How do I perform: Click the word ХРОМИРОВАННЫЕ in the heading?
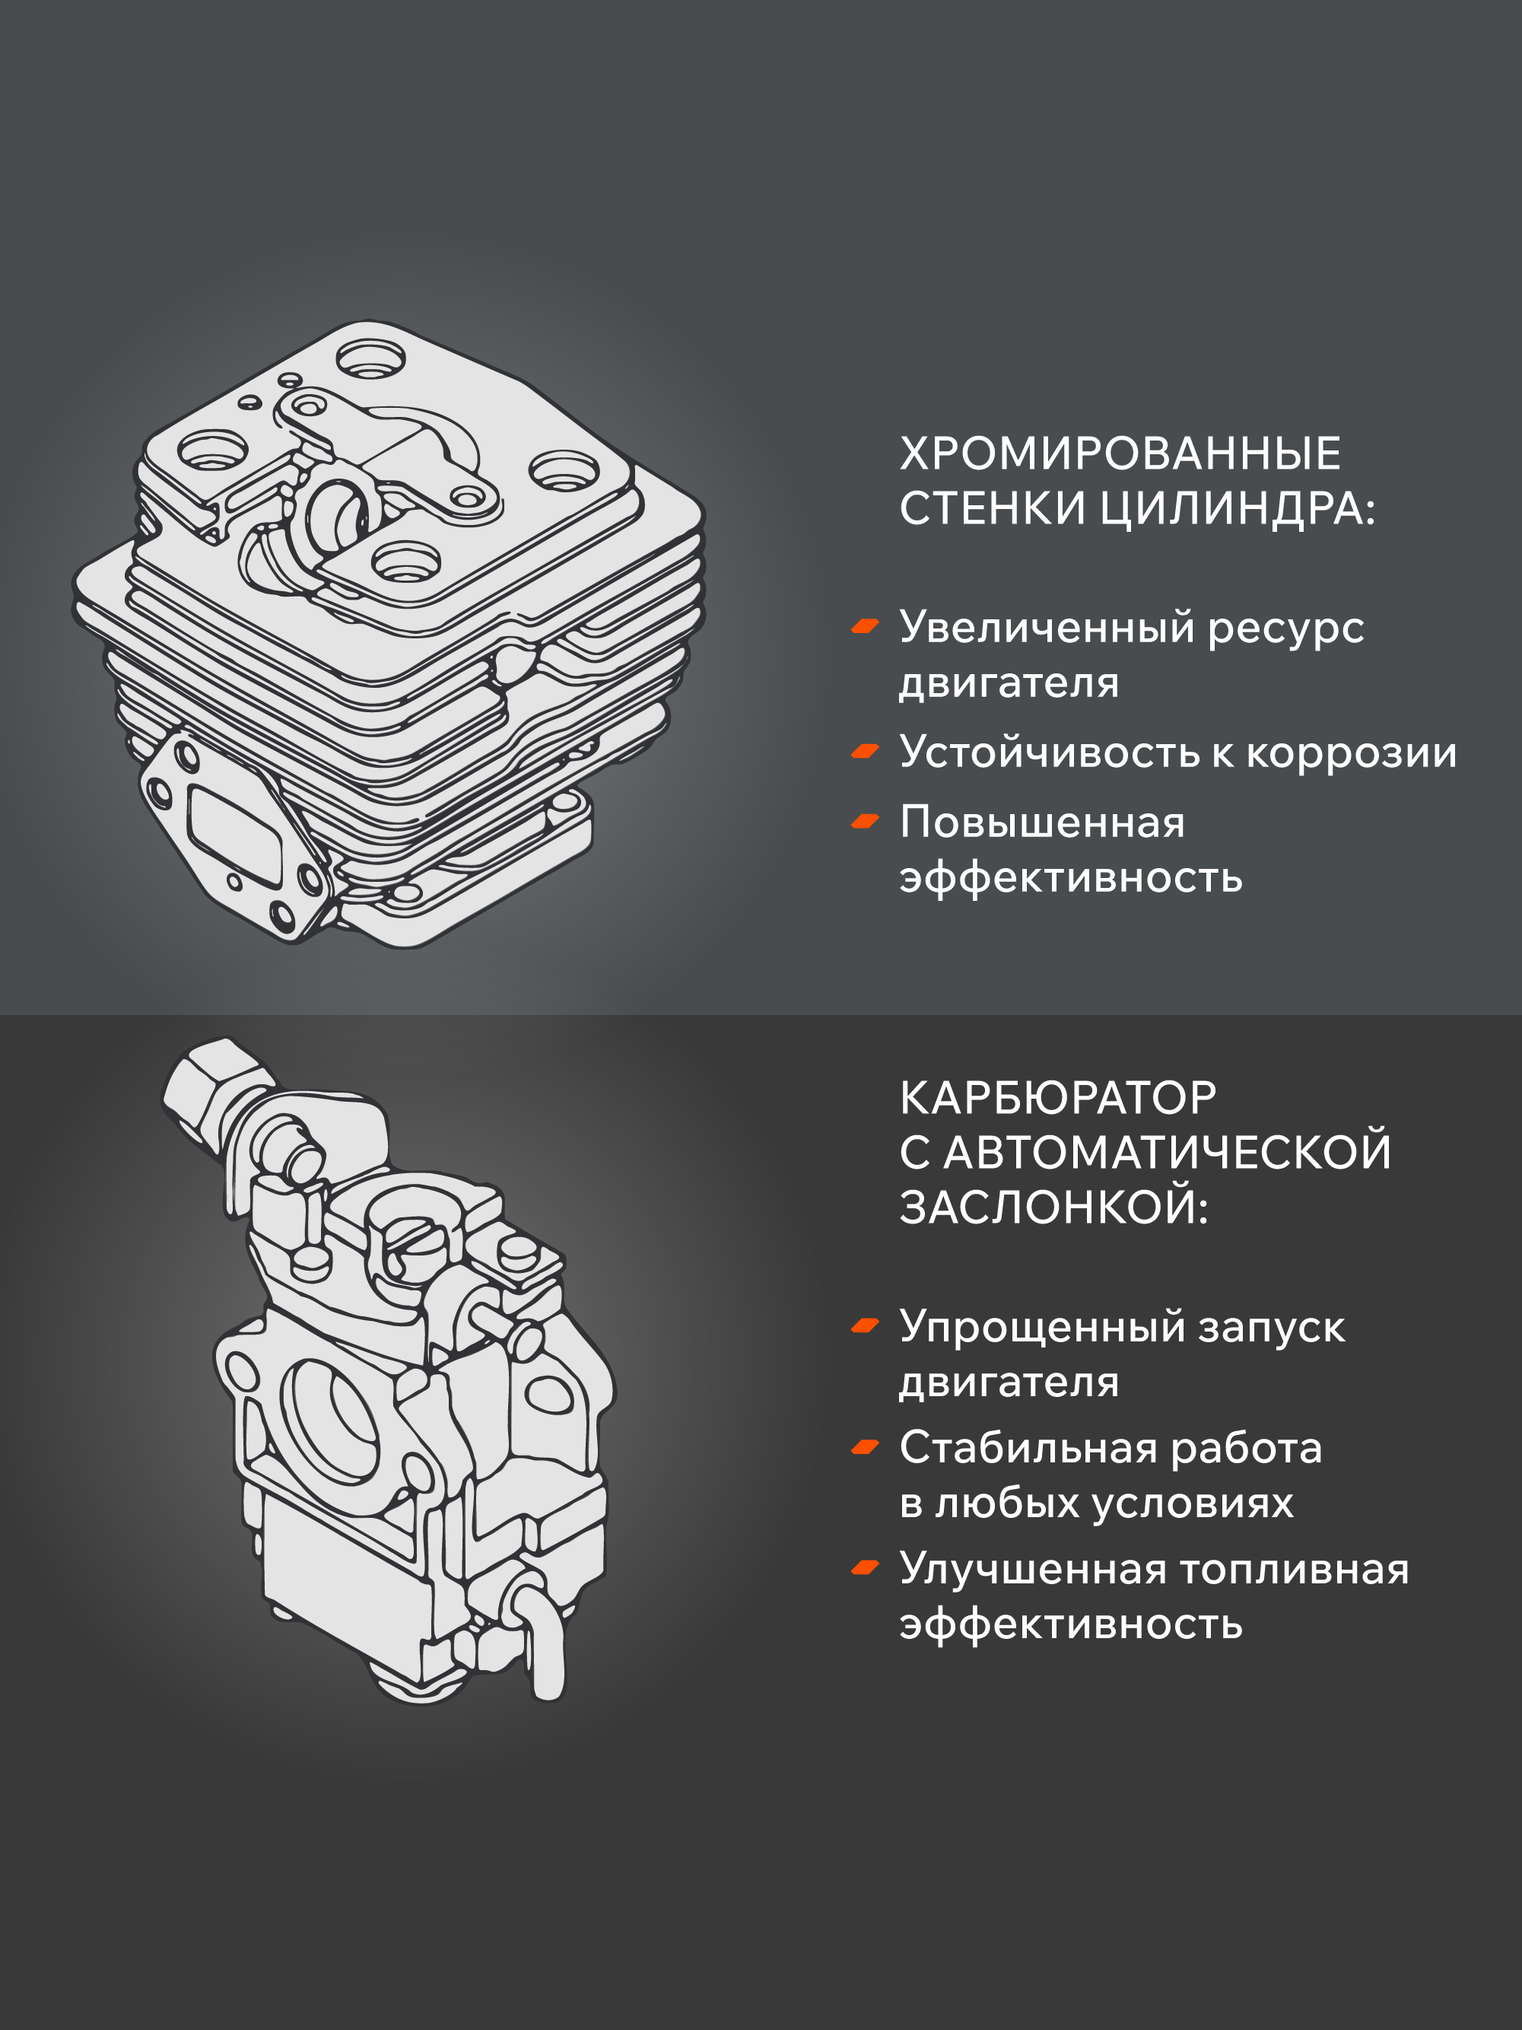pyautogui.click(x=1120, y=453)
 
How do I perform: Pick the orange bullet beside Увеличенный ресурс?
pyautogui.click(x=865, y=627)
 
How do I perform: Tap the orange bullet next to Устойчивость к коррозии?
pyautogui.click(x=865, y=752)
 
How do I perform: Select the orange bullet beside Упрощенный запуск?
pyautogui.click(x=865, y=1326)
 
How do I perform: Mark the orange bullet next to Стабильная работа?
pyautogui.click(x=865, y=1447)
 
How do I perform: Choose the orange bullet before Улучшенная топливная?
pyautogui.click(x=865, y=1568)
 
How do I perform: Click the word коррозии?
pyautogui.click(x=1352, y=754)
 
